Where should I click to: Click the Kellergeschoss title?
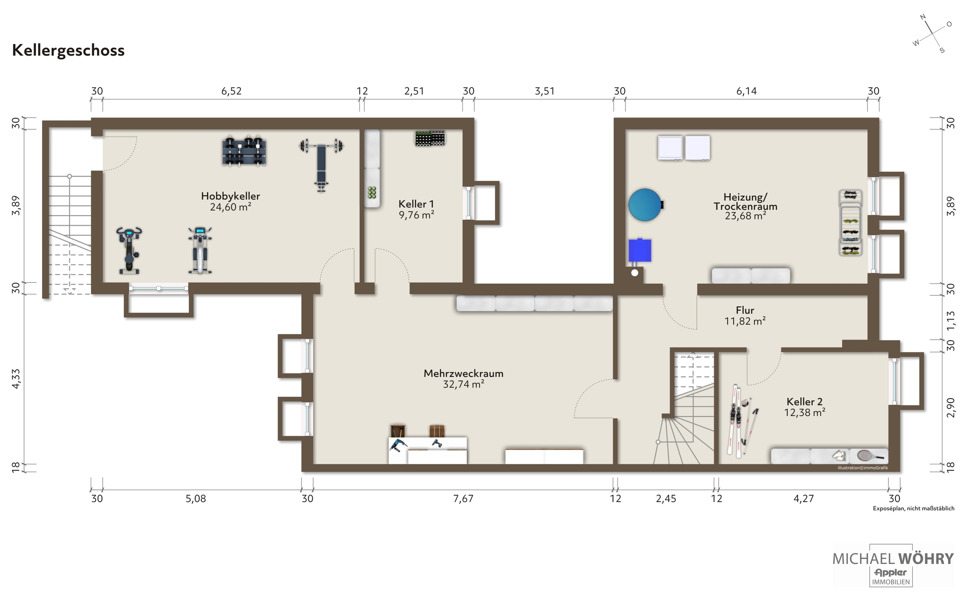pyautogui.click(x=68, y=51)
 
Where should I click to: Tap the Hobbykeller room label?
pyautogui.click(x=230, y=196)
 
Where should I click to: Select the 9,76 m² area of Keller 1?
pyautogui.click(x=416, y=215)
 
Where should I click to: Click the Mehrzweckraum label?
pyautogui.click(x=464, y=373)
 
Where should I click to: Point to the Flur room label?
pyautogui.click(x=745, y=310)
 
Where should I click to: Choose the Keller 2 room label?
pyautogui.click(x=804, y=401)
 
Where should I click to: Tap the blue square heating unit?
pyautogui.click(x=639, y=250)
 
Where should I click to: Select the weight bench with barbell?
pyautogui.click(x=321, y=165)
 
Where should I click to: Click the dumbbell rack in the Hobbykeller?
pyautogui.click(x=244, y=151)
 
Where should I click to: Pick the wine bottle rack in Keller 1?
pyautogui.click(x=430, y=138)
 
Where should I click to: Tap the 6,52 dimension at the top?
pyautogui.click(x=231, y=91)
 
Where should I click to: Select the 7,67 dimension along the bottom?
pyautogui.click(x=463, y=498)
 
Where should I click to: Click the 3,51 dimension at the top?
pyautogui.click(x=544, y=91)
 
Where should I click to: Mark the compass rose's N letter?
pyautogui.click(x=922, y=17)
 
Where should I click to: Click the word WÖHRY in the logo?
pyautogui.click(x=925, y=559)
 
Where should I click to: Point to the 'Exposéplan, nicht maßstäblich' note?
pyautogui.click(x=913, y=508)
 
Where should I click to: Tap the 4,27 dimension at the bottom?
pyautogui.click(x=804, y=498)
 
